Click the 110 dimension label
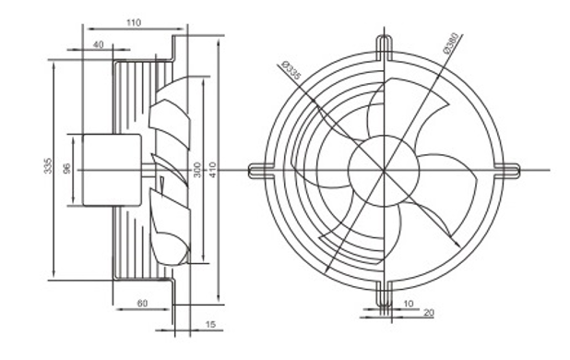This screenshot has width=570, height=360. (x=134, y=22)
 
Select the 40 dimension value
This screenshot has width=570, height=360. (x=98, y=44)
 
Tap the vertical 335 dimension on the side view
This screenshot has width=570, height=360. (x=48, y=165)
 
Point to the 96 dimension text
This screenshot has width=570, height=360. (x=67, y=168)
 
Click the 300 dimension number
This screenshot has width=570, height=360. (x=196, y=170)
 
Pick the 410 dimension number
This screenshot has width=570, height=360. (x=212, y=170)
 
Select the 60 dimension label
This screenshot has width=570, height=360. (x=142, y=303)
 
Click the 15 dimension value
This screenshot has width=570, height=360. (x=211, y=324)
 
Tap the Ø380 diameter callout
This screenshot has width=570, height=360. (x=453, y=44)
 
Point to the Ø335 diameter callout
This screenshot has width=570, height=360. (x=291, y=70)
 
